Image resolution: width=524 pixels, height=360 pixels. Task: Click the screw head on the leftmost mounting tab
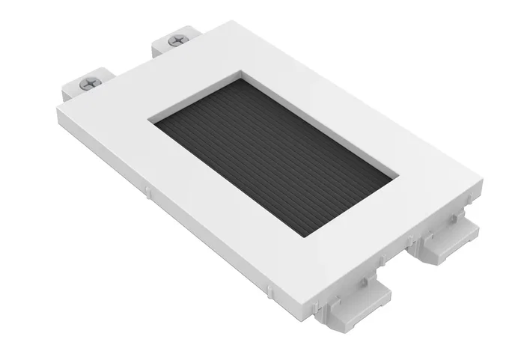tap(89, 84)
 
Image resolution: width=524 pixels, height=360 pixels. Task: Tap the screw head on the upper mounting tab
tap(177, 41)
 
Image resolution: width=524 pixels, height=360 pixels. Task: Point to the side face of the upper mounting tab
tap(162, 50)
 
